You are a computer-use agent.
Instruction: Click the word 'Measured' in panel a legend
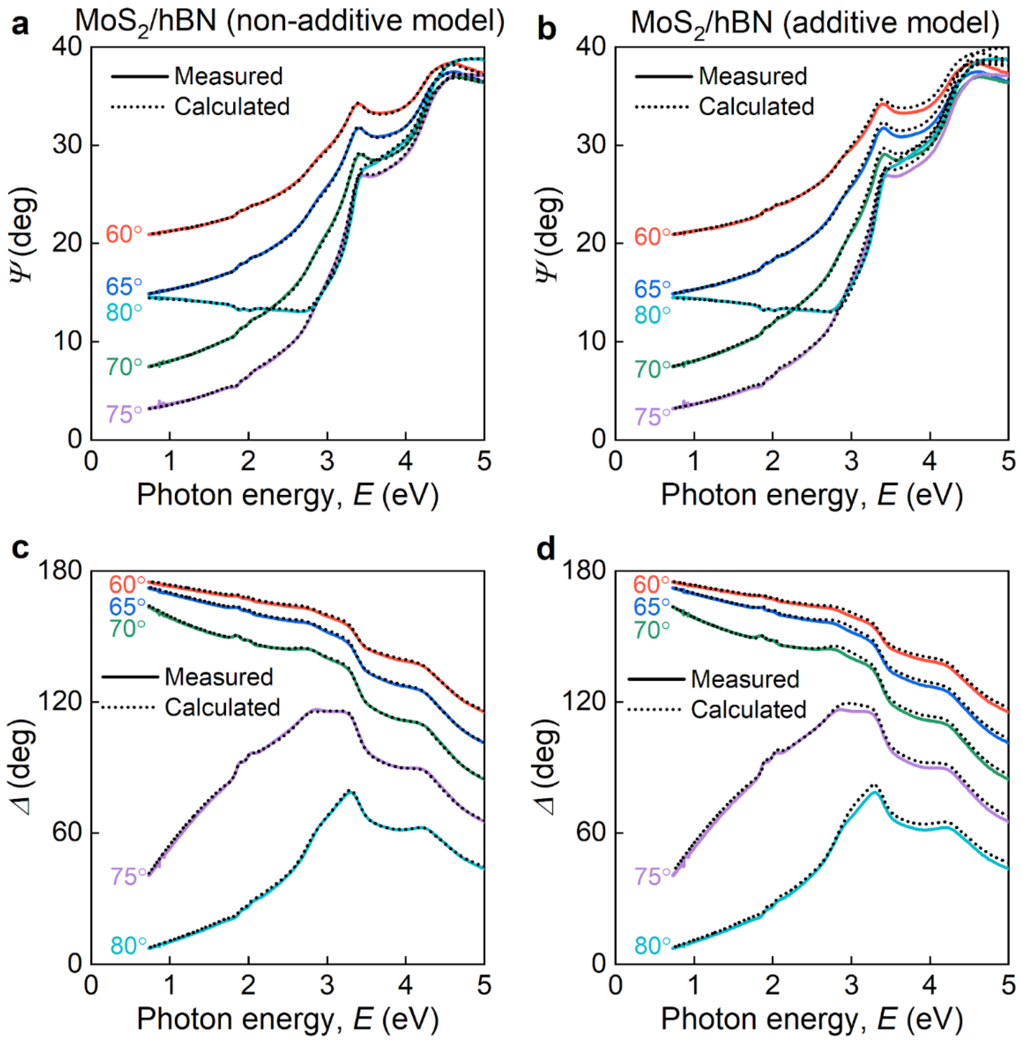[228, 76]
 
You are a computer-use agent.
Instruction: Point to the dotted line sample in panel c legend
[129, 708]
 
